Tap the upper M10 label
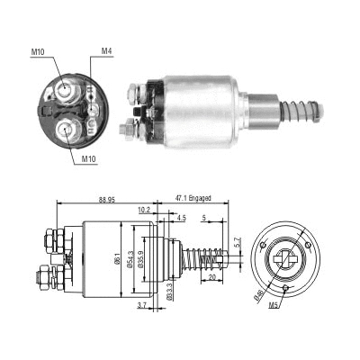37,52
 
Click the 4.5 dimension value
181,217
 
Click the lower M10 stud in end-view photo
65,128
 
